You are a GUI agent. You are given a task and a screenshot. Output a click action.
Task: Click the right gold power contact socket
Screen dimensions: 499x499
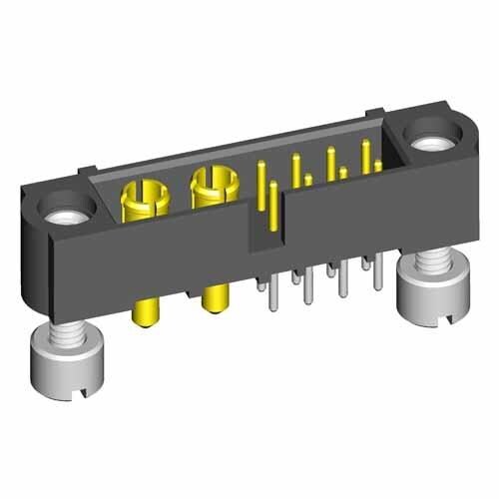click(x=212, y=183)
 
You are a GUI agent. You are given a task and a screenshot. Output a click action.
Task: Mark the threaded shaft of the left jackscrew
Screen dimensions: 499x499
click(x=70, y=342)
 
